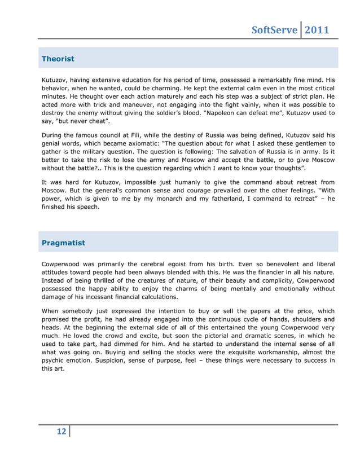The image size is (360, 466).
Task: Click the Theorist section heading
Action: click(x=58, y=58)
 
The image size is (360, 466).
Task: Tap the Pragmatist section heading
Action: click(x=64, y=243)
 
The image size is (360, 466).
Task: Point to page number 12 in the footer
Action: click(x=61, y=432)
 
